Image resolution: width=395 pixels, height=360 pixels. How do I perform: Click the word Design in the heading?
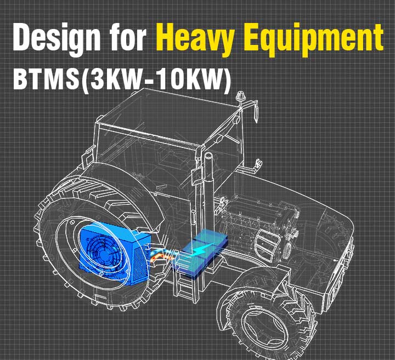coord(57,38)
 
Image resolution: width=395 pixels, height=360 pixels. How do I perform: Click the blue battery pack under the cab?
coord(201,252)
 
